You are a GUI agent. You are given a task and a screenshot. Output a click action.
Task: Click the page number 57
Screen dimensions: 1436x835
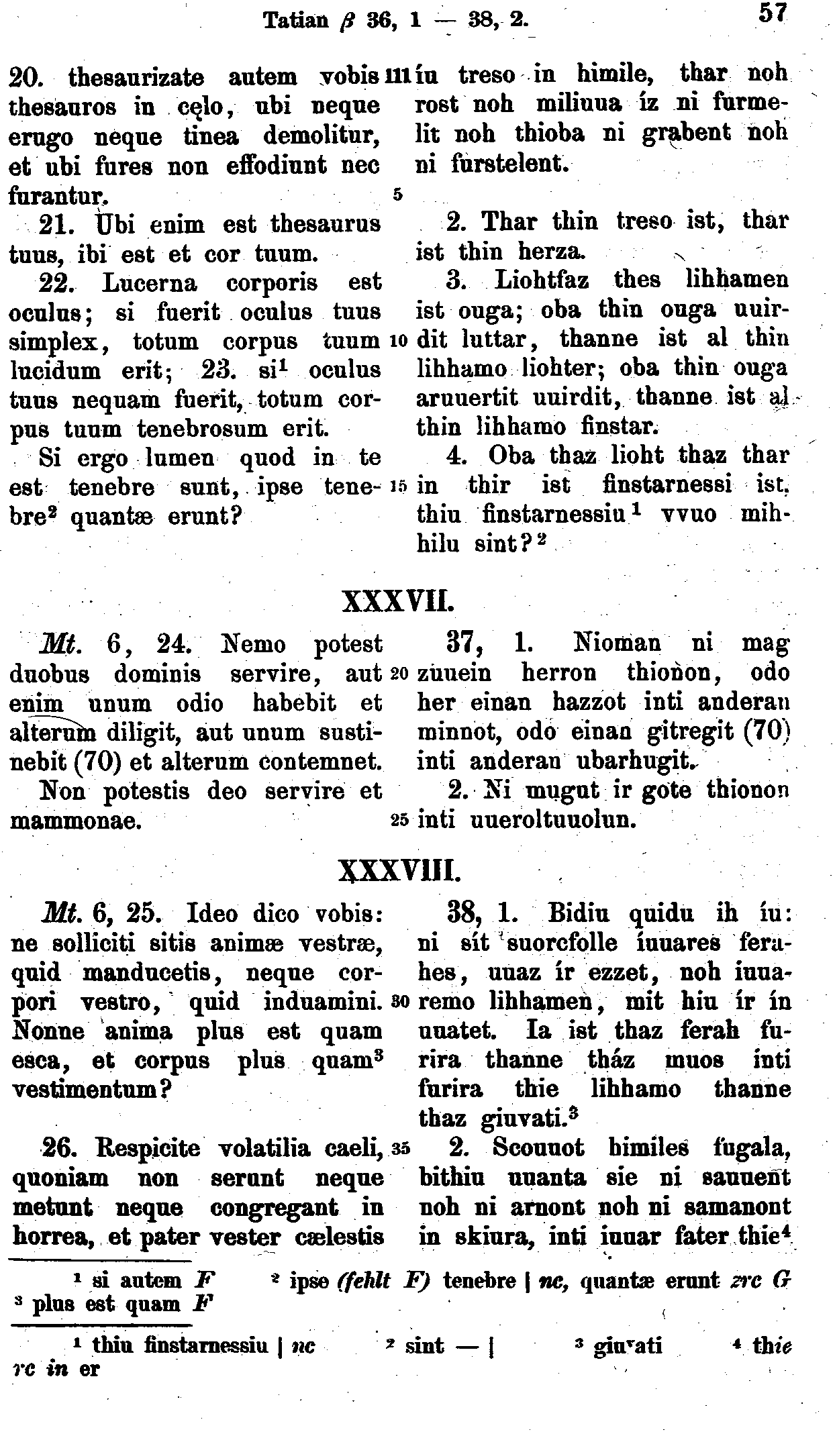(x=771, y=14)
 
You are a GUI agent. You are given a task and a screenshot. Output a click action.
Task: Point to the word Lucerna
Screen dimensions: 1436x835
(x=149, y=283)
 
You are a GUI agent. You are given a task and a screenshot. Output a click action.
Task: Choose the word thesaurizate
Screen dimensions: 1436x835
(x=136, y=79)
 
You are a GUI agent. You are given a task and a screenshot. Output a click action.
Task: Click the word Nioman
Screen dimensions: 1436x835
(x=617, y=644)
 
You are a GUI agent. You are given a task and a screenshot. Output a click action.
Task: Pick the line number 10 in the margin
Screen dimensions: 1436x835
(x=396, y=341)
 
